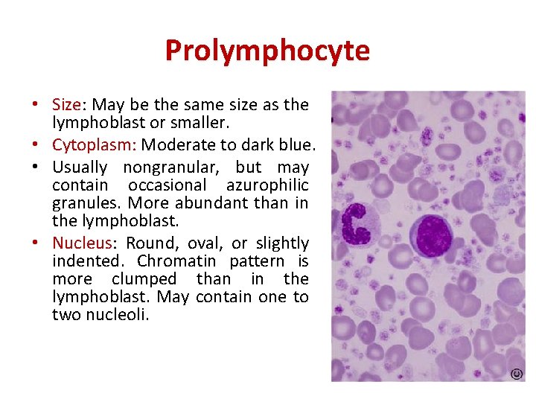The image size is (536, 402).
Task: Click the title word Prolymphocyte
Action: pyautogui.click(x=267, y=51)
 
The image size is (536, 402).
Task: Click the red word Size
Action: pyautogui.click(x=66, y=104)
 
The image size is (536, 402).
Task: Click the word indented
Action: pyautogui.click(x=85, y=261)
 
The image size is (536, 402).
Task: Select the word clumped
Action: pyautogui.click(x=144, y=279)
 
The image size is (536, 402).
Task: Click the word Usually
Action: pyautogui.click(x=80, y=167)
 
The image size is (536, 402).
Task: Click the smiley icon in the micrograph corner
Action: pyautogui.click(x=514, y=374)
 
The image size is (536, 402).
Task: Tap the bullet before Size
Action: pyautogui.click(x=35, y=104)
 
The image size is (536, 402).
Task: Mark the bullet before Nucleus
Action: pyautogui.click(x=35, y=243)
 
